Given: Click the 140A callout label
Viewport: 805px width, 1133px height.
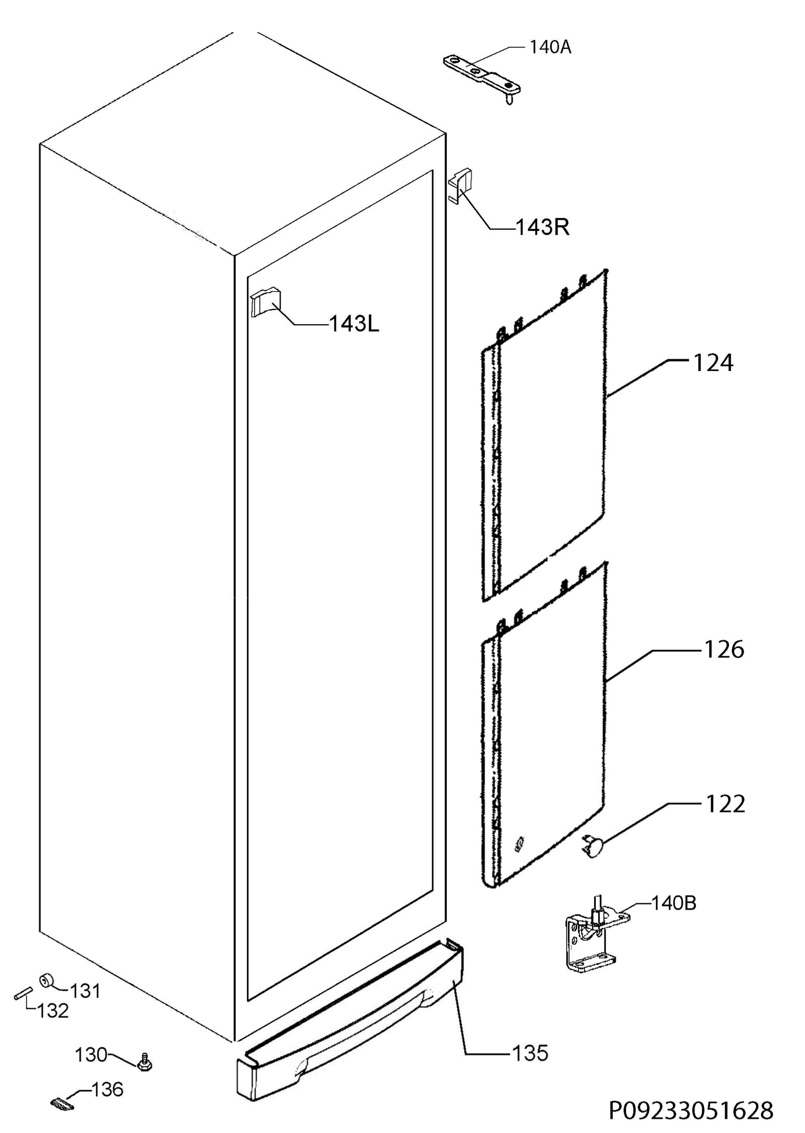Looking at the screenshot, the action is point(550,48).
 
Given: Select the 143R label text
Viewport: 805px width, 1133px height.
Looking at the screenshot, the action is point(542,228).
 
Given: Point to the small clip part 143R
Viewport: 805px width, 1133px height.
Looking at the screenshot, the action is point(460,186).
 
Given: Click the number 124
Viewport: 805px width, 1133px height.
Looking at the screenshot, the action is point(713,364).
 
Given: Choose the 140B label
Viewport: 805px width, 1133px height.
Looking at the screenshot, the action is point(674,904).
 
